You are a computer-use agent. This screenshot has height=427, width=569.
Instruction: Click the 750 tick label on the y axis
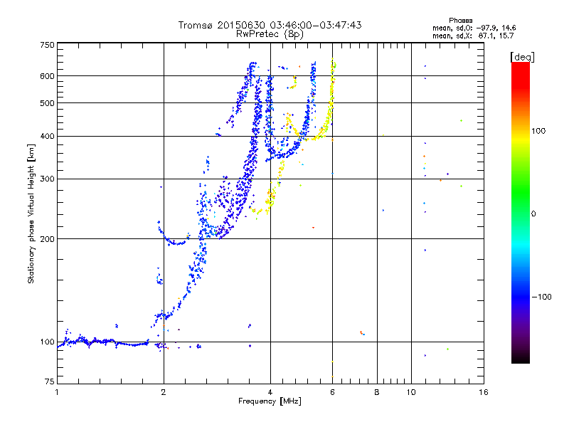(48, 45)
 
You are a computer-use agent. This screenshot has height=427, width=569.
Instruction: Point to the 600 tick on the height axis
(48, 75)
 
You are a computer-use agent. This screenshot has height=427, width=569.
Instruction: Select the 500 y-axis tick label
(48, 103)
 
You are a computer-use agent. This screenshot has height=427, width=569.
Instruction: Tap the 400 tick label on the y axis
(48, 136)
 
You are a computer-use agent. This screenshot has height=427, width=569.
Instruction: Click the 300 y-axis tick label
(48, 179)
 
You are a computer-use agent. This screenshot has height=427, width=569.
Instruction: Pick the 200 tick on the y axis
(48, 238)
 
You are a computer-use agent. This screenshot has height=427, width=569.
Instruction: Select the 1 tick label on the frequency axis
(57, 392)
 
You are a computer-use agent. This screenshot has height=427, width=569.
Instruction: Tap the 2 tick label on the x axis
(164, 392)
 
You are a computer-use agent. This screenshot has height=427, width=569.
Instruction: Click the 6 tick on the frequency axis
(332, 392)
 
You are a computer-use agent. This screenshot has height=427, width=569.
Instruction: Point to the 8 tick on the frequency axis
(376, 392)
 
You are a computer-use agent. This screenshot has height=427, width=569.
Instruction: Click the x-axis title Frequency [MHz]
(270, 401)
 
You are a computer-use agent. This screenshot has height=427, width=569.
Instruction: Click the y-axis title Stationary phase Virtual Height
(31, 214)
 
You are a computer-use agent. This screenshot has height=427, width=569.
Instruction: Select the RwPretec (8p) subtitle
(270, 33)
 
